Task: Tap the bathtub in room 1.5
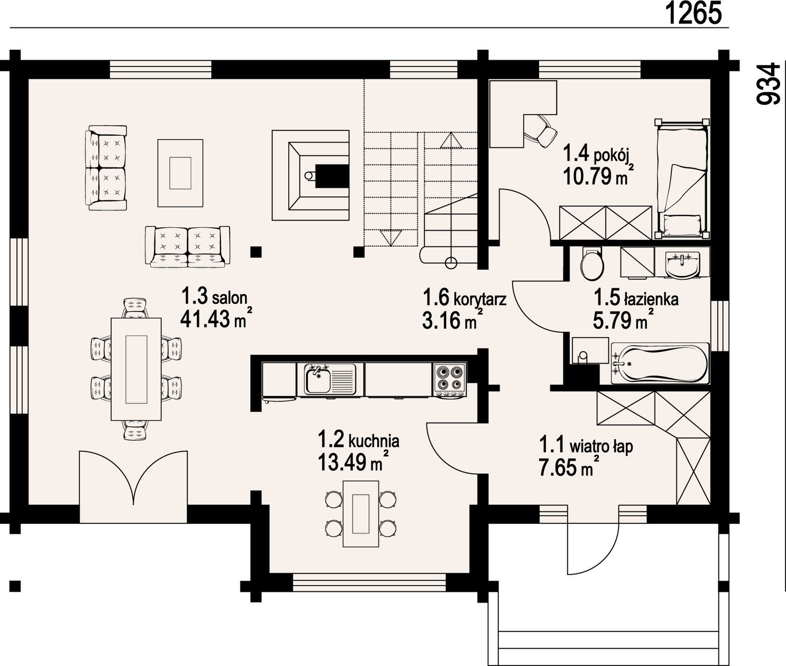point(660,364)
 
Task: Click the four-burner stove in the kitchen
point(450,379)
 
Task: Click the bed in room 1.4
point(682,179)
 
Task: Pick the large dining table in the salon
point(136,369)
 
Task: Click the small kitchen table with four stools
point(361,513)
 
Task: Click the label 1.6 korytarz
point(464,299)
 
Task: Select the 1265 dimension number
point(695,13)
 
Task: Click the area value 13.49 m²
point(353,462)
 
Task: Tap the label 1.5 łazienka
point(636,299)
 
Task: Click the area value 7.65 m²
point(568,467)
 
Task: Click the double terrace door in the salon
point(133,486)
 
